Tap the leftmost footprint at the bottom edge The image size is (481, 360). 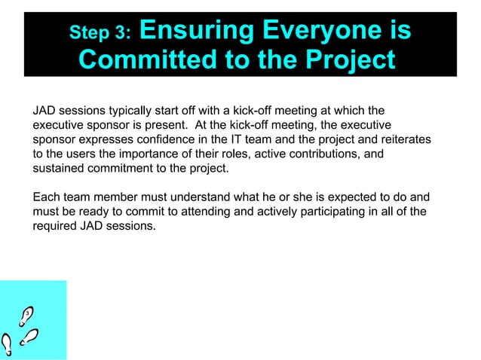point(7,345)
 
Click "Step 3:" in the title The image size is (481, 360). point(100,32)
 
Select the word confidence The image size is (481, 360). point(168,139)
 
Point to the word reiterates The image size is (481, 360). point(405,139)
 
